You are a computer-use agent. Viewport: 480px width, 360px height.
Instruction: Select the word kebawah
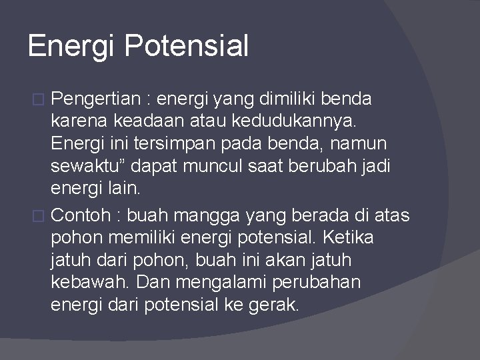click(90, 282)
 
